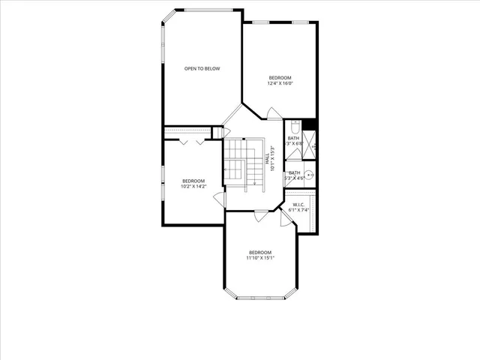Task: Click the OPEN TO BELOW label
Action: [x=202, y=69]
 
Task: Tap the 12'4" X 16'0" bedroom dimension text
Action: [x=280, y=83]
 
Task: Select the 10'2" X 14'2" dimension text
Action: [x=193, y=186]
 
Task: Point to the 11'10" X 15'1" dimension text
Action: [x=260, y=258]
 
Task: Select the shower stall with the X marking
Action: [x=309, y=144]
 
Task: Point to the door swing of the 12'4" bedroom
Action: [x=275, y=114]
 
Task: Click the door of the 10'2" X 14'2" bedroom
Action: [x=219, y=199]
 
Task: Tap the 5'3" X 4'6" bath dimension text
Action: [x=294, y=178]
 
